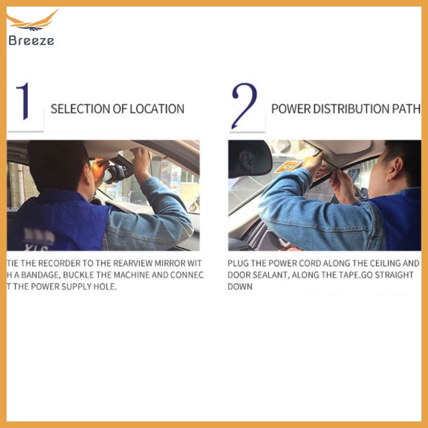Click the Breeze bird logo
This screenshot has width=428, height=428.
click(x=34, y=22)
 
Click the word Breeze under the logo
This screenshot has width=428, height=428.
click(x=31, y=41)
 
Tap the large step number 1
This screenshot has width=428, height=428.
click(x=24, y=101)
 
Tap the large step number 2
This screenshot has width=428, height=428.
click(x=244, y=106)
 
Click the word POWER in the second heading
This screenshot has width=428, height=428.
click(x=290, y=109)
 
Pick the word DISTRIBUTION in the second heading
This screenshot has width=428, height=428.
click(x=353, y=109)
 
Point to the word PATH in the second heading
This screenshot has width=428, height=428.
click(x=408, y=109)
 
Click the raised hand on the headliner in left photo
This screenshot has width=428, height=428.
click(x=140, y=158)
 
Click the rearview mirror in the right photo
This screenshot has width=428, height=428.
click(x=250, y=159)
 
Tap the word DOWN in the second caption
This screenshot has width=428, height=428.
click(x=240, y=286)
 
